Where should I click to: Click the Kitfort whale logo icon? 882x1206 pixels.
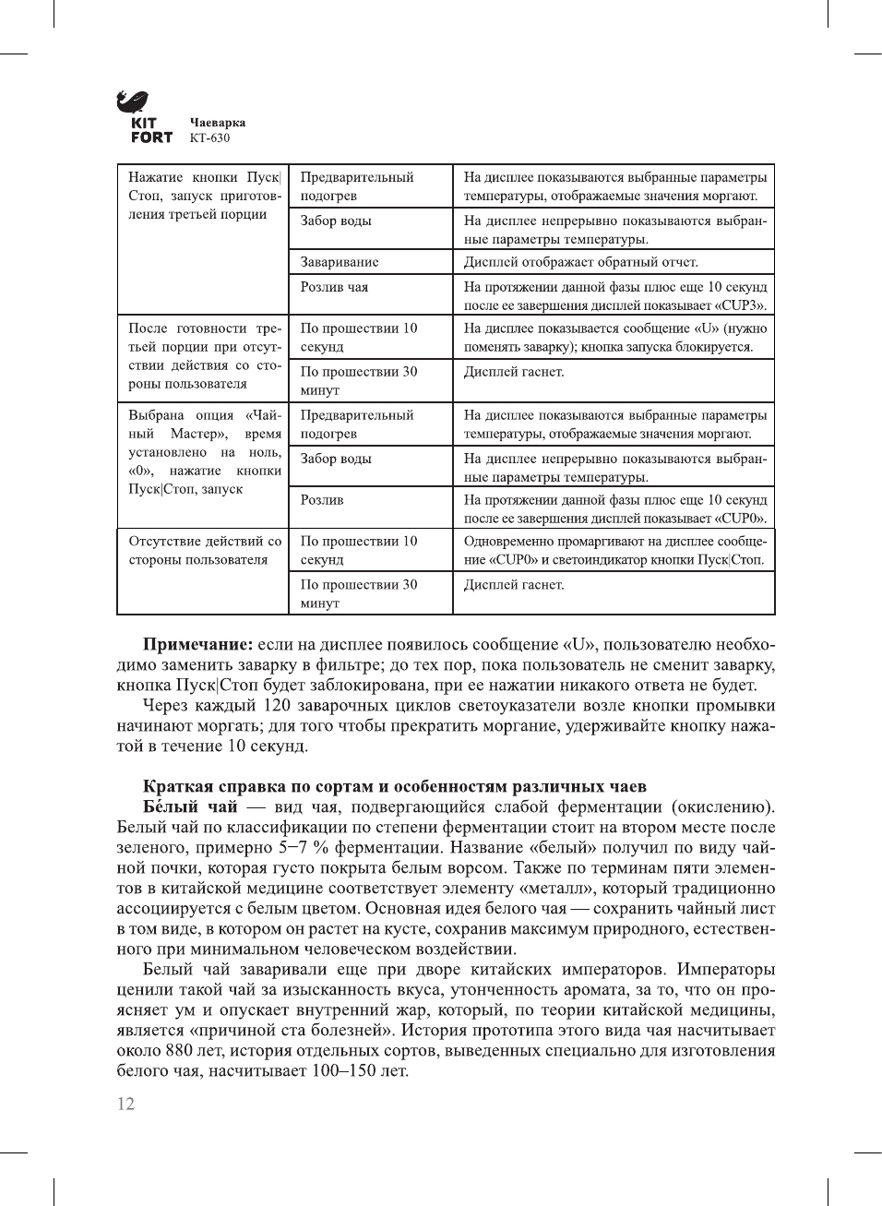132,101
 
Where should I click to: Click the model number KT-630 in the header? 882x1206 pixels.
209,138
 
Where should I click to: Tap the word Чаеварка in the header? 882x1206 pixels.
218,123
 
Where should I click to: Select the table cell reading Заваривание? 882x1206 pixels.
340,262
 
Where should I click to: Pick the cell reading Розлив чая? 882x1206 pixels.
334,287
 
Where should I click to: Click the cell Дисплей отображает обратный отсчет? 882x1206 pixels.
580,262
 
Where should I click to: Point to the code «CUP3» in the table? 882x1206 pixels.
741,305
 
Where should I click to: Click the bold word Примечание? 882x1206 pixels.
197,645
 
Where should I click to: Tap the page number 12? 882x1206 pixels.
125,1104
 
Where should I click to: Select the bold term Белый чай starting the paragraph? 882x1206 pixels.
190,807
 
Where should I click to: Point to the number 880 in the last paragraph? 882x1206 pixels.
179,1051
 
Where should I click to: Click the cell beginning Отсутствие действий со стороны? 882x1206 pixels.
205,551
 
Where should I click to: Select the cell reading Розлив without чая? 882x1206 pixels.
322,500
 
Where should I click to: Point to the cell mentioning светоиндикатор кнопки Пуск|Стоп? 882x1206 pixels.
614,551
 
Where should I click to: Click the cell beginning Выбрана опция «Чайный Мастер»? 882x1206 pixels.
205,452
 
